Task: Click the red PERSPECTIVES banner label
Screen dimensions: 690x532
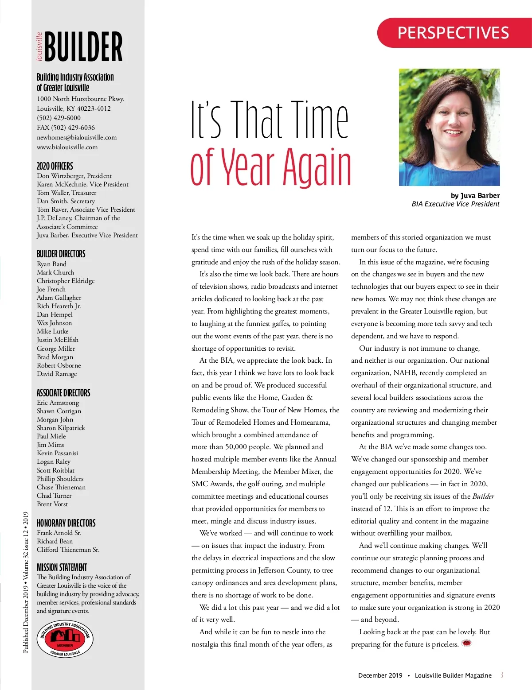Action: tap(453, 33)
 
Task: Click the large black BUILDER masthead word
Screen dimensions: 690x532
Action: tap(83, 47)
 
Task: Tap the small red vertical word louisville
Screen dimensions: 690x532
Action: tap(39, 46)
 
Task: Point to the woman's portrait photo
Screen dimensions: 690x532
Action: tap(449, 127)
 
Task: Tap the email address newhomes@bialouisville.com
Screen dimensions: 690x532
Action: tap(77, 137)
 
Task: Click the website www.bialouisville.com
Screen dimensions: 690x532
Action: tap(67, 147)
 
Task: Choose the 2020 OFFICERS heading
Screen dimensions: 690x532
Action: tap(55, 166)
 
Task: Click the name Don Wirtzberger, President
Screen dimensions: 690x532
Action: tap(74, 176)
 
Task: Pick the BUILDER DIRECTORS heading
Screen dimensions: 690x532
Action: tap(61, 254)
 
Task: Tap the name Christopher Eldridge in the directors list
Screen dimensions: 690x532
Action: tap(66, 281)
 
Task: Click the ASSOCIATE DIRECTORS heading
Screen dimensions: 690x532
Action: tap(63, 393)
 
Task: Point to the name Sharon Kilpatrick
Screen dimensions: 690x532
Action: tap(61, 428)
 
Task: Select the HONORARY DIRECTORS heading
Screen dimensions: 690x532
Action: tap(66, 523)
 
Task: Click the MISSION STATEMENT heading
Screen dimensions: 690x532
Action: tap(62, 567)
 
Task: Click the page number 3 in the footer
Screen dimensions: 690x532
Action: tap(502, 675)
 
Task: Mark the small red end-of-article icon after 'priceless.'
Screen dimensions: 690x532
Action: tap(466, 643)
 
